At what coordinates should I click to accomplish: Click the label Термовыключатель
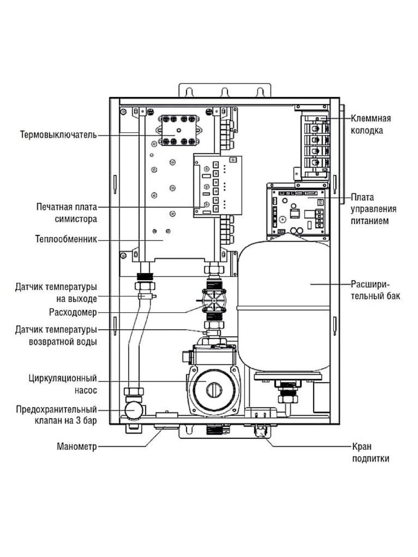coord(58,135)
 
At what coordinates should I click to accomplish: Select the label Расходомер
coord(73,312)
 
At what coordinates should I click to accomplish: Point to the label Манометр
coord(77,447)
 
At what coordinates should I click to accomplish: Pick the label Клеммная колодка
coord(370,124)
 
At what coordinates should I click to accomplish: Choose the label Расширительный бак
coord(375,290)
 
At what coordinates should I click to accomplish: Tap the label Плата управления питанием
coord(373,209)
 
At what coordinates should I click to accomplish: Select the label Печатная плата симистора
coord(67,213)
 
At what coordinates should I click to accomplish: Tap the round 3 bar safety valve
coord(133,409)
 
